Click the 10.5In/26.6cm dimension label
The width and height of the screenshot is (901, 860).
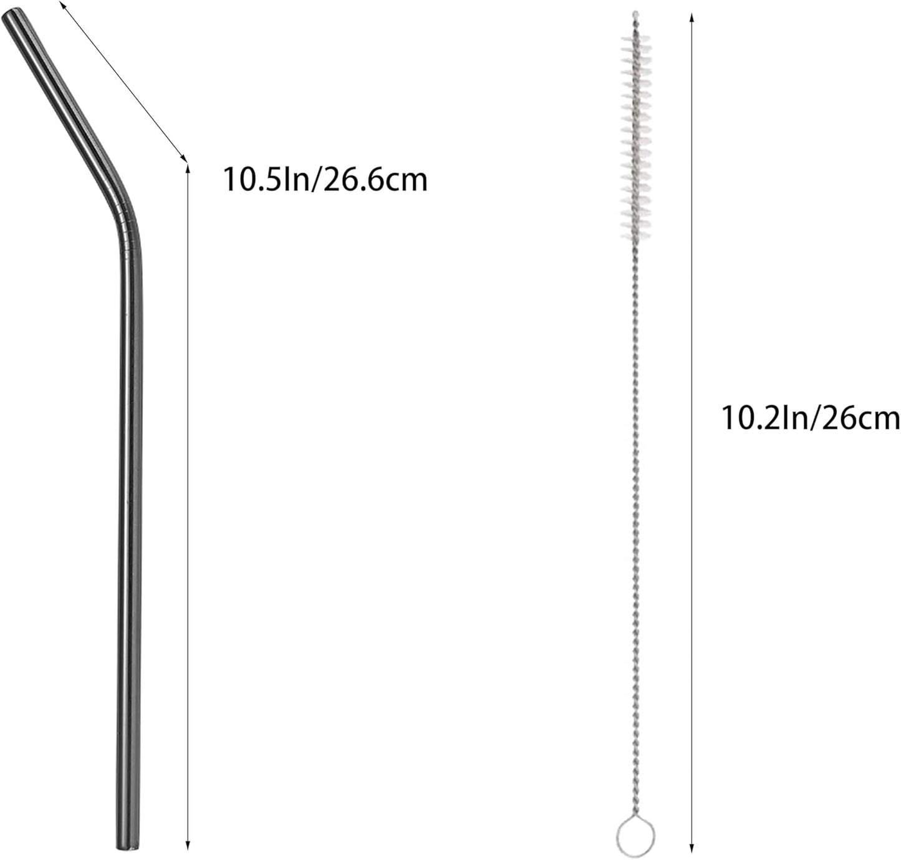point(325,180)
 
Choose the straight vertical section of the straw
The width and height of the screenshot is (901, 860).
point(130,530)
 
